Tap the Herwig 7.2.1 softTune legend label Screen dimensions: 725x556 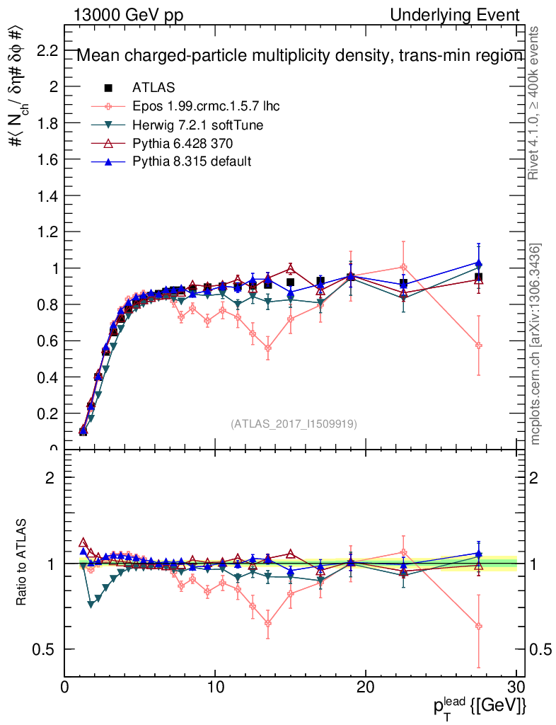(x=197, y=125)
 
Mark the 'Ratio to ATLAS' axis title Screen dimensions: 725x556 (x=22, y=563)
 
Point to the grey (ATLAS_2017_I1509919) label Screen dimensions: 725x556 (x=294, y=424)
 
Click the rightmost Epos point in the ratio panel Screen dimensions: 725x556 (x=479, y=627)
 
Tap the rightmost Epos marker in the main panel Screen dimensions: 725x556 (x=479, y=346)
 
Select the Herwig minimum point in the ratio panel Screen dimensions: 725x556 (x=91, y=604)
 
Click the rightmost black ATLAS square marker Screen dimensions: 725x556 (x=479, y=277)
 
